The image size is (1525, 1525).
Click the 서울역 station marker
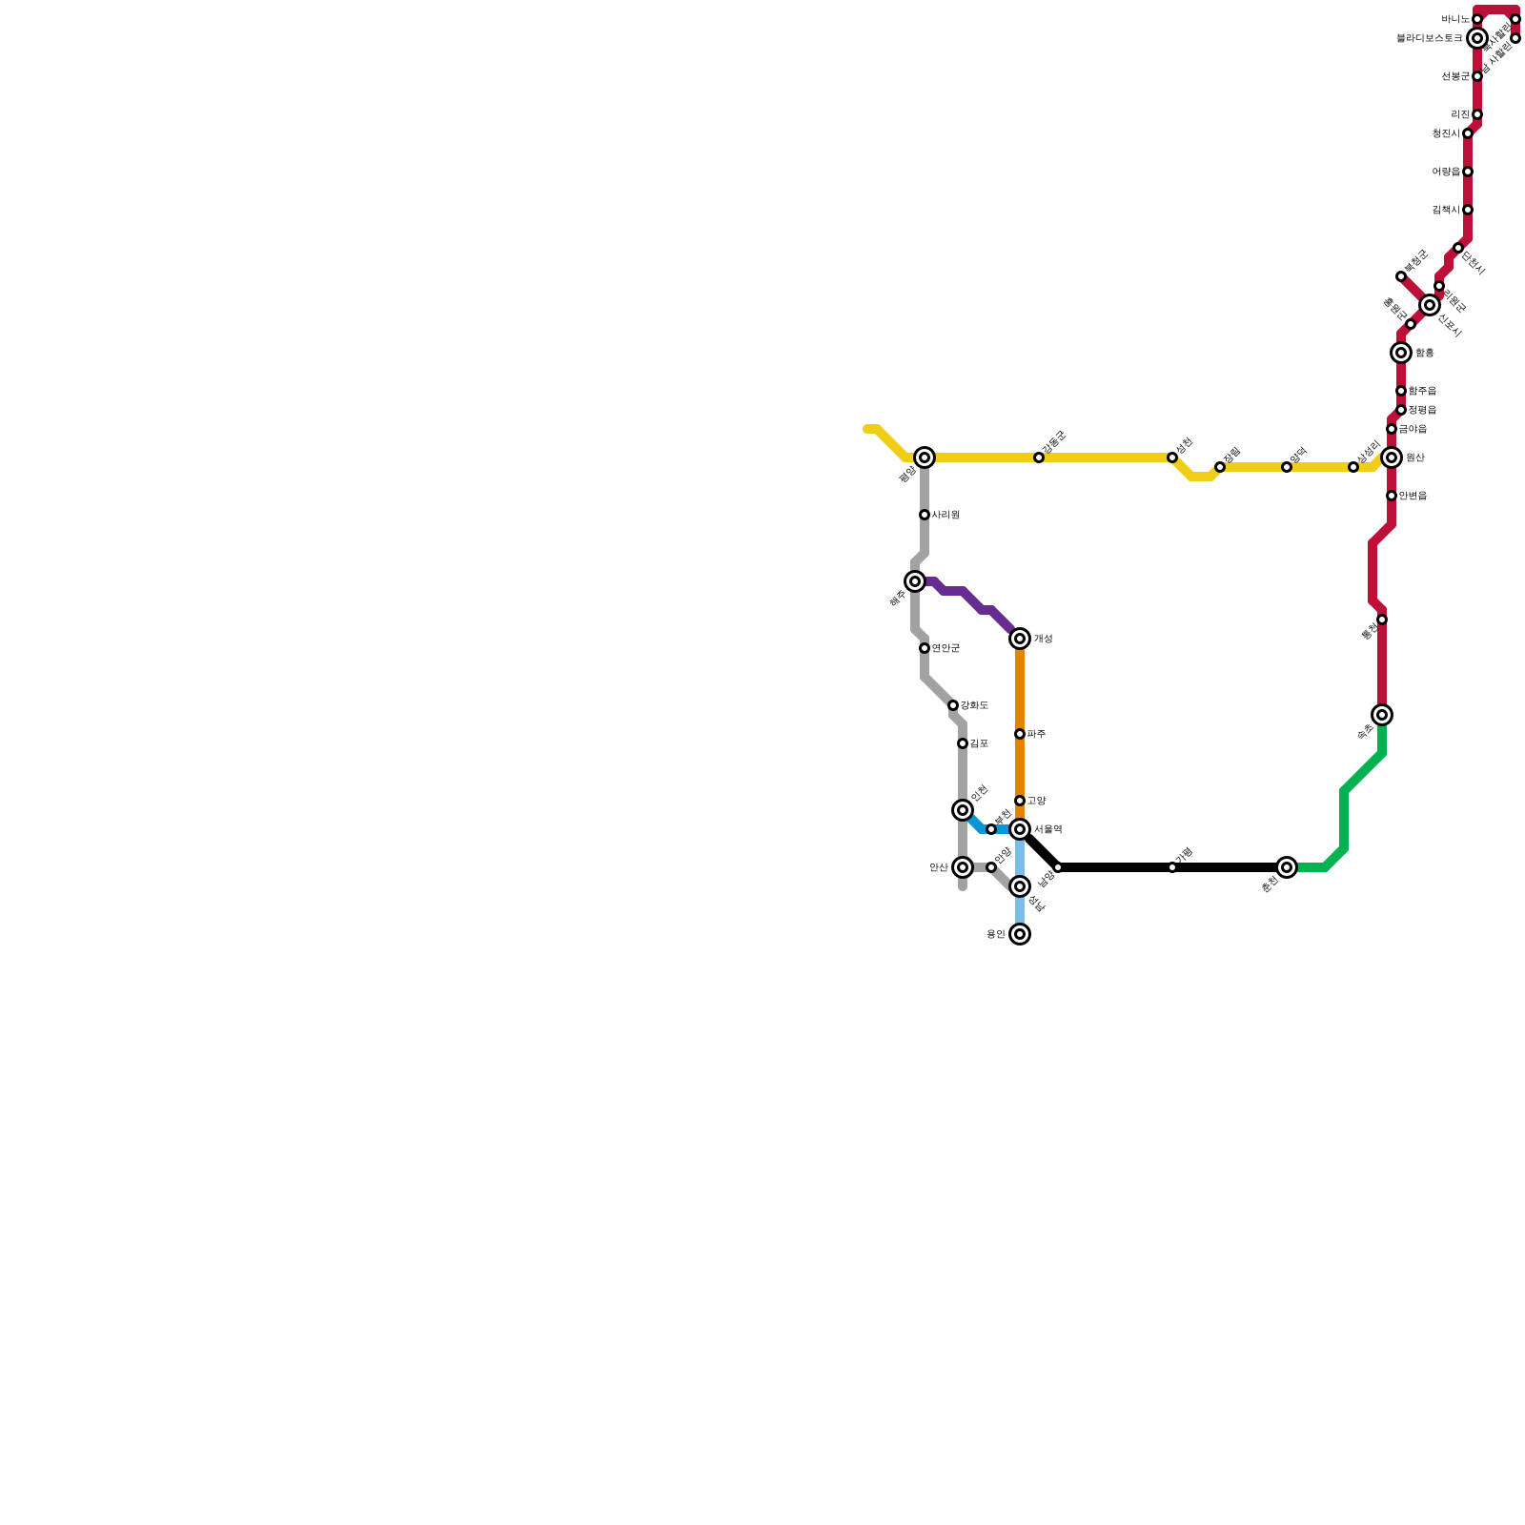pyautogui.click(x=1020, y=829)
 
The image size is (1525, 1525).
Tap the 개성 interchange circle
pyautogui.click(x=1020, y=639)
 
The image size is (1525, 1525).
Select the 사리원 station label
pyautogui.click(x=945, y=515)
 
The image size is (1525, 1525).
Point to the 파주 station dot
pyautogui.click(x=1020, y=734)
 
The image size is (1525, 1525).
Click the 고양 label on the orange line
pyautogui.click(x=1037, y=801)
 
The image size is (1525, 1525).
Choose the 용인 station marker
pyautogui.click(x=1020, y=934)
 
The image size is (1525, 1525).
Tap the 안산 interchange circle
pyautogui.click(x=963, y=867)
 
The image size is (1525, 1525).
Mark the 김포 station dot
pyautogui.click(x=963, y=743)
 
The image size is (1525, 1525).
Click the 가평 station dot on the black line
pyautogui.click(x=1172, y=867)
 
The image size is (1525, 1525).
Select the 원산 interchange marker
pyautogui.click(x=1392, y=457)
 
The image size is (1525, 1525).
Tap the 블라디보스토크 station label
pyautogui.click(x=1429, y=38)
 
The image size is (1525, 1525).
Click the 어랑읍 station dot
pyautogui.click(x=1468, y=172)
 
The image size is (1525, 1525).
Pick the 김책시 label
pyautogui.click(x=1445, y=210)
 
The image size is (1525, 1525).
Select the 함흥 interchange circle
pyautogui.click(x=1401, y=353)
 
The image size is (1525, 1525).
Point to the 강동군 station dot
pyautogui.click(x=1039, y=457)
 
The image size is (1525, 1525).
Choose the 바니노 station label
pyautogui.click(x=1455, y=19)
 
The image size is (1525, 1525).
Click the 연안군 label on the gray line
pyautogui.click(x=945, y=648)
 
